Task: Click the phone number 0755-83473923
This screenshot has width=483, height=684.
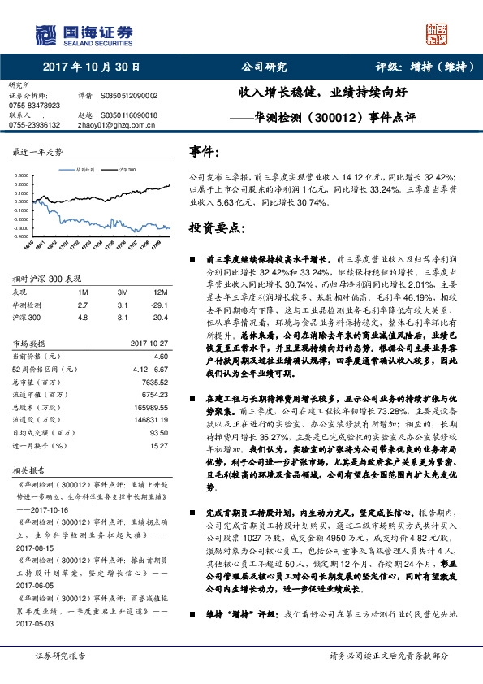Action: pos(34,106)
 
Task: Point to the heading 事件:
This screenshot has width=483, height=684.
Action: pos(204,151)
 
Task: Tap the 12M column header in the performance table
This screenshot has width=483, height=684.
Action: pos(162,292)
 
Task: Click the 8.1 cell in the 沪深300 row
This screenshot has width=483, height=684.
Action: pos(123,317)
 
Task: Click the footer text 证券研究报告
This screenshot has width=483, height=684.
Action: pos(59,656)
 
